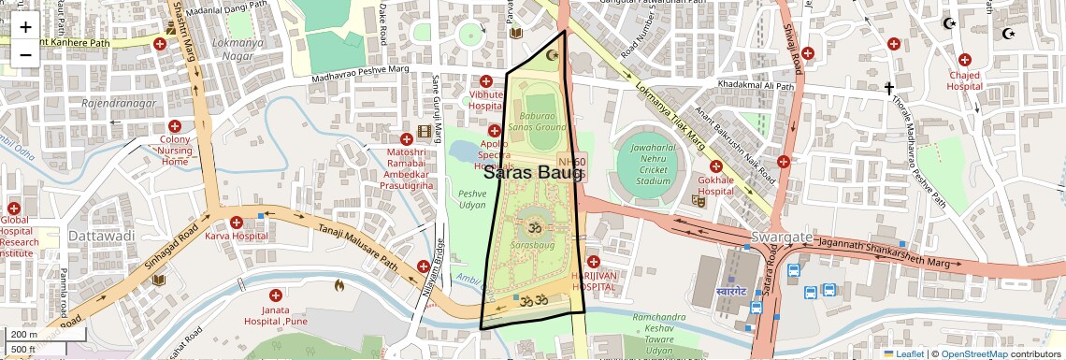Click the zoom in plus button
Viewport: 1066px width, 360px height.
pos(25,27)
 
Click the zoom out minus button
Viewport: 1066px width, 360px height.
pos(25,54)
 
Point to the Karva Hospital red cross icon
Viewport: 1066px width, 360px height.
pos(237,222)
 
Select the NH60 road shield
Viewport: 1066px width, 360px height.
pos(571,162)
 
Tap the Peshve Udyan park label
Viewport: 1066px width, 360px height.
pos(472,197)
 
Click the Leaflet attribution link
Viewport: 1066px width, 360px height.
pos(903,353)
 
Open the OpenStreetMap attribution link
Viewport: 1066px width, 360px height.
pos(973,353)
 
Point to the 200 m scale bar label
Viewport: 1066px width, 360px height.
pos(23,334)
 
